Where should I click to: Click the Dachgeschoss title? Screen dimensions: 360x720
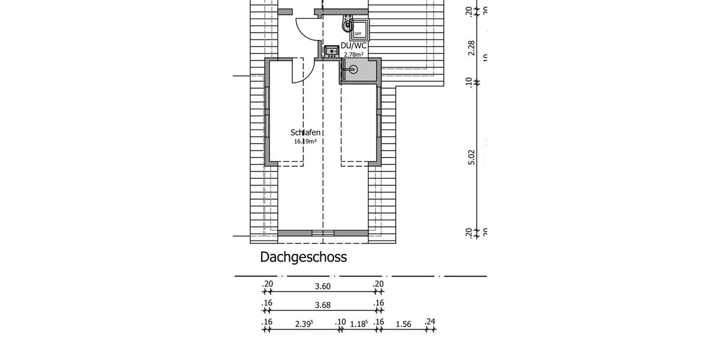pyautogui.click(x=303, y=257)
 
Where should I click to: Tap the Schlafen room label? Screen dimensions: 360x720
pyautogui.click(x=305, y=133)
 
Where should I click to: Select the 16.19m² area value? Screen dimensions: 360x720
pyautogui.click(x=305, y=142)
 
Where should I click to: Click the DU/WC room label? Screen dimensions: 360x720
pyautogui.click(x=353, y=46)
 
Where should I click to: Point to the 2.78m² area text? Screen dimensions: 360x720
pyautogui.click(x=353, y=55)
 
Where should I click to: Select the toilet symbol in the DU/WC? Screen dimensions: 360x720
pyautogui.click(x=347, y=25)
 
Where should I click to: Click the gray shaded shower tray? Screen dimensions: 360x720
pyautogui.click(x=358, y=71)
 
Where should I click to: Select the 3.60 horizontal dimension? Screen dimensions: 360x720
pyautogui.click(x=323, y=287)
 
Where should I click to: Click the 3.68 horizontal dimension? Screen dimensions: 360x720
pyautogui.click(x=323, y=305)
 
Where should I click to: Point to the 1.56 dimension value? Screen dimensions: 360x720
pyautogui.click(x=404, y=324)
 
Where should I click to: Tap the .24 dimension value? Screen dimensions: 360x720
pyautogui.click(x=430, y=322)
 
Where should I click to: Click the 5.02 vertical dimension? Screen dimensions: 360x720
pyautogui.click(x=472, y=157)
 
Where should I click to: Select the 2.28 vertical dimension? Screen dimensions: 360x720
pyautogui.click(x=472, y=48)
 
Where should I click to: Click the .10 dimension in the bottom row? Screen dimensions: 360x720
pyautogui.click(x=340, y=322)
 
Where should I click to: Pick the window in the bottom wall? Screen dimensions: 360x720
pyautogui.click(x=323, y=233)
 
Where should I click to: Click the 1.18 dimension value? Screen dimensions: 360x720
pyautogui.click(x=359, y=324)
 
